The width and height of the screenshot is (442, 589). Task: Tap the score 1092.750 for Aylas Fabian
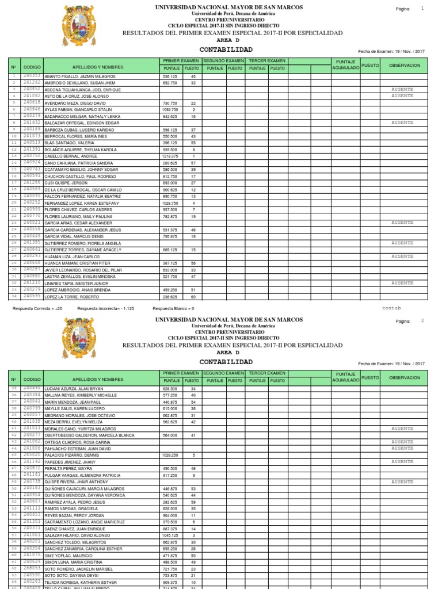(x=170, y=109)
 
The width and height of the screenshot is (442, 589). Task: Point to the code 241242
(x=32, y=83)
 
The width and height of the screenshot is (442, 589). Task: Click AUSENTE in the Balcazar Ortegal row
(x=402, y=123)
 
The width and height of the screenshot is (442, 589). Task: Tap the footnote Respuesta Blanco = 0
(x=173, y=308)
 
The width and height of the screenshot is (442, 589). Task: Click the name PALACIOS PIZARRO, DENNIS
(x=68, y=456)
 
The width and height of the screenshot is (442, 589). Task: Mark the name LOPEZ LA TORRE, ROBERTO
(x=67, y=297)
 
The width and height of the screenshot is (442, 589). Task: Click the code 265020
(x=32, y=455)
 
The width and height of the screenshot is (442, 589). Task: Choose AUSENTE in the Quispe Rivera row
(x=402, y=482)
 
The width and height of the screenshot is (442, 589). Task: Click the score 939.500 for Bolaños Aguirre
(x=170, y=150)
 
